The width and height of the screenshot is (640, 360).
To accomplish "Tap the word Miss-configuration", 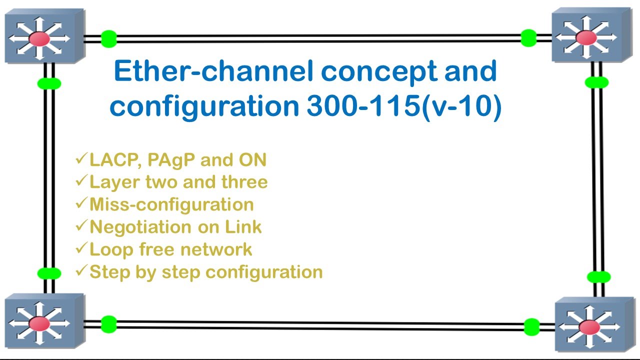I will click(171, 204).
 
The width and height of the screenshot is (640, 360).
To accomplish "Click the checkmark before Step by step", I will click(81, 271).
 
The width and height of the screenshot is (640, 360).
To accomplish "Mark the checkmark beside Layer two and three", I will click(81, 182).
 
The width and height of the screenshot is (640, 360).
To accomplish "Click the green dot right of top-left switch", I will click(108, 38).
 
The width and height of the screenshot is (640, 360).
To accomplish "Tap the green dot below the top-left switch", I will click(49, 83).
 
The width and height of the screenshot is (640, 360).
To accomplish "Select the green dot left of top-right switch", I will click(528, 38).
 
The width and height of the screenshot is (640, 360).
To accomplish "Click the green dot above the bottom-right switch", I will click(598, 276).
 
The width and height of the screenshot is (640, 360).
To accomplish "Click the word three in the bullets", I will click(244, 182).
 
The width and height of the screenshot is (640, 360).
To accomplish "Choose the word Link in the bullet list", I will click(243, 227).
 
